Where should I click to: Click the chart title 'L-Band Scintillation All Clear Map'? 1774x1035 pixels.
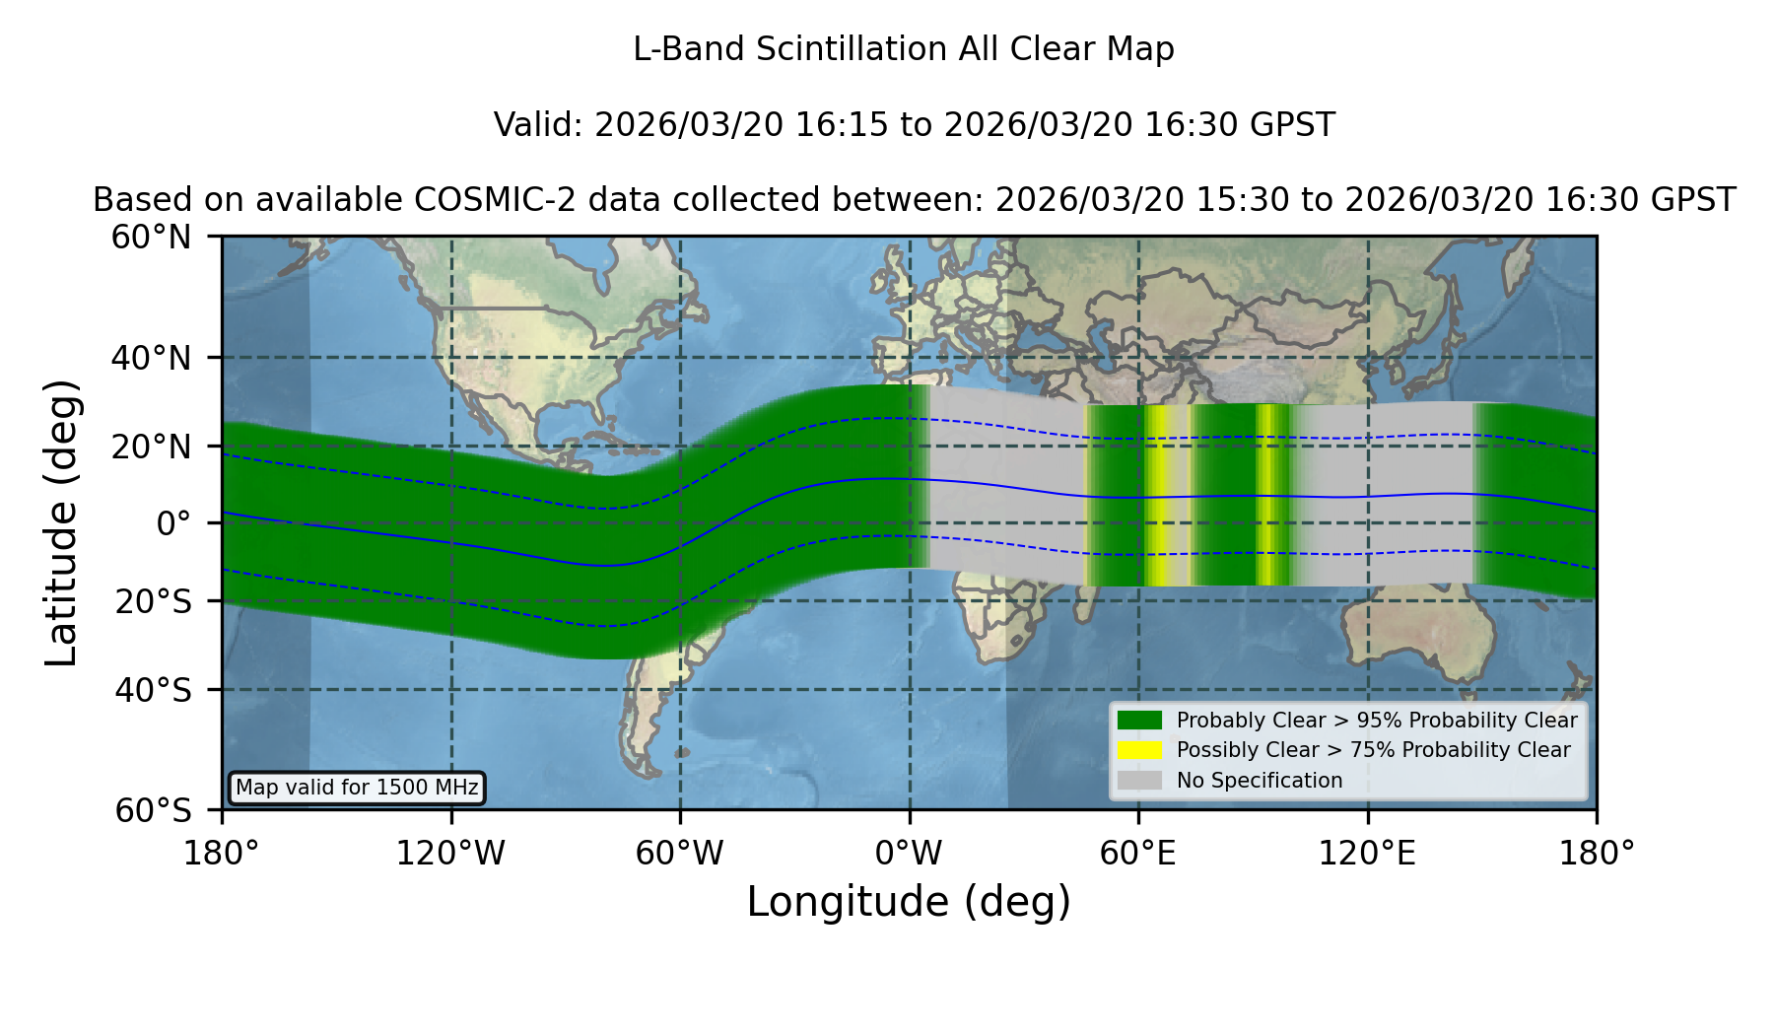[904, 49]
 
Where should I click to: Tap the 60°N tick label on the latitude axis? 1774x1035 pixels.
[152, 238]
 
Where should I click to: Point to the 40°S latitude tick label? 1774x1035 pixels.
[153, 690]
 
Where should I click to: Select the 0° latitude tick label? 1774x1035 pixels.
[174, 523]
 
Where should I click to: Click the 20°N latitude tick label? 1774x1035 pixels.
[152, 447]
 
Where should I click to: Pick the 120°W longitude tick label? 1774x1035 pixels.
[450, 854]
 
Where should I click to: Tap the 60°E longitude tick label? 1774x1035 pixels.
[1138, 854]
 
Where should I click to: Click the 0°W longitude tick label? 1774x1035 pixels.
[909, 854]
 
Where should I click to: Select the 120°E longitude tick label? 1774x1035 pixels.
[1367, 854]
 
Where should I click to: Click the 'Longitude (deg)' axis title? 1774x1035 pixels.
[909, 902]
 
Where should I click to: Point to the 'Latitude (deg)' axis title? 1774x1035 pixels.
[61, 522]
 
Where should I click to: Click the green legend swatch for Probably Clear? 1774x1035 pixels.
[1140, 720]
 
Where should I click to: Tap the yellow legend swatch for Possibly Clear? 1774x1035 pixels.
[1140, 750]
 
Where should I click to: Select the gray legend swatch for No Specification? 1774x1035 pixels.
[1140, 781]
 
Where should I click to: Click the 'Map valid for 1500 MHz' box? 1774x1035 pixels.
[357, 788]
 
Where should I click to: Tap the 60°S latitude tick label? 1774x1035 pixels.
[153, 811]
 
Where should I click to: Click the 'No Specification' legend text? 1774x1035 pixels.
[1260, 781]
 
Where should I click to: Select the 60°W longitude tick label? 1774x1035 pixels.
[680, 854]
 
